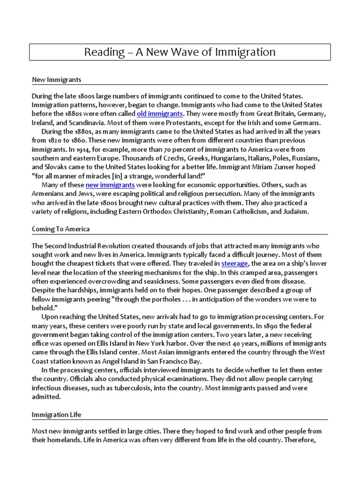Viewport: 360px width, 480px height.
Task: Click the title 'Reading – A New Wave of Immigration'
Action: [x=180, y=52]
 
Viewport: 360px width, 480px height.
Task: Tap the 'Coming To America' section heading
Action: [x=60, y=229]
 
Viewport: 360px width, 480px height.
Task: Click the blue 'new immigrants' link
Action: [x=110, y=185]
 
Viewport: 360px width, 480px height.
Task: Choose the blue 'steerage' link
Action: [x=234, y=263]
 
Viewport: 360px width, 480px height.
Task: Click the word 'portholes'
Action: [x=168, y=299]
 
